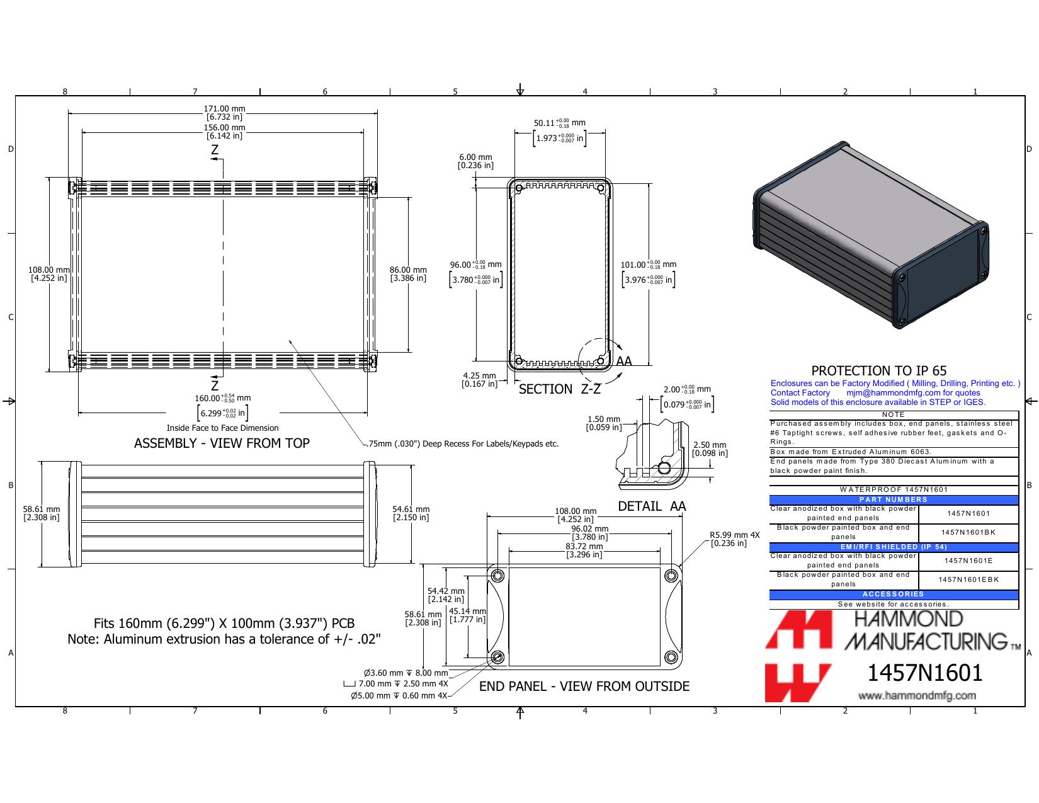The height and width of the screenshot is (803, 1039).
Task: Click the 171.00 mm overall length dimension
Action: click(x=224, y=113)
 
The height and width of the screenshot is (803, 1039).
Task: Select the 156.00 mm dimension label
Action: click(x=224, y=132)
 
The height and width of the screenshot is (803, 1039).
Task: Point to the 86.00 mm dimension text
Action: click(x=408, y=274)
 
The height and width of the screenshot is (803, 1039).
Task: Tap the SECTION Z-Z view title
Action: click(x=559, y=389)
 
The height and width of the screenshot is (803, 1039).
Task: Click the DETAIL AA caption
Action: click(x=652, y=506)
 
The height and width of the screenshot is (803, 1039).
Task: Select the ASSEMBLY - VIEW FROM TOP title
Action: click(x=222, y=443)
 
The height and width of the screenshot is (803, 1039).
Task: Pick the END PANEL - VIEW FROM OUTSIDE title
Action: click(x=584, y=686)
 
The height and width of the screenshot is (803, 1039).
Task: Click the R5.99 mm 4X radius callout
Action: click(x=734, y=539)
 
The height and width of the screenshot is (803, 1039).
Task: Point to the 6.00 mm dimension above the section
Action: click(x=476, y=161)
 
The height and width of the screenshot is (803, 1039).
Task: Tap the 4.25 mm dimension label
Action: click(x=480, y=380)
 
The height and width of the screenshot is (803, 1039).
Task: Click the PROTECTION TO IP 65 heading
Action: click(x=879, y=371)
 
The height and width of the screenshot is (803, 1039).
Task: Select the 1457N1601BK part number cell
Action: click(x=968, y=532)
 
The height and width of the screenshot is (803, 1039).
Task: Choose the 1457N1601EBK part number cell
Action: click(x=968, y=579)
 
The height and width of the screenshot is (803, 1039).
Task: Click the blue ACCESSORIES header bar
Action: click(x=893, y=595)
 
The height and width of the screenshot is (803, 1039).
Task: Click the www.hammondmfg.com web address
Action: click(x=917, y=695)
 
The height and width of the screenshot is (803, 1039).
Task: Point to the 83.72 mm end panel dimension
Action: click(x=584, y=550)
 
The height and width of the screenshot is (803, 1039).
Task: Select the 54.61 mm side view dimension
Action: click(x=411, y=513)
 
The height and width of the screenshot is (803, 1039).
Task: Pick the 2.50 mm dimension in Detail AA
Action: click(x=710, y=449)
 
